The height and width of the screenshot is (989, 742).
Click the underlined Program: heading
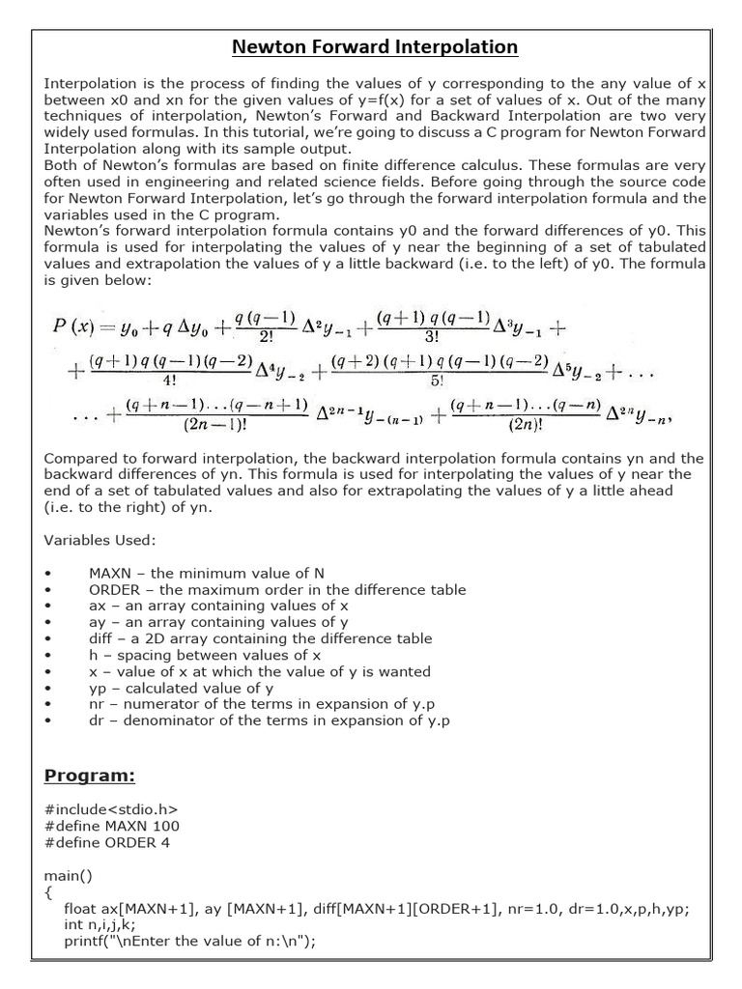90,776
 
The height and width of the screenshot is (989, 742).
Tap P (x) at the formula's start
73,327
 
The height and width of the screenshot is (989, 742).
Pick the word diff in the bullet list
100,638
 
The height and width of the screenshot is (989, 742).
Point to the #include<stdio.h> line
111,810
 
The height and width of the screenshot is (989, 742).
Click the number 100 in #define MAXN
166,827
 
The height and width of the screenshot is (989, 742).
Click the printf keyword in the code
83,942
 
